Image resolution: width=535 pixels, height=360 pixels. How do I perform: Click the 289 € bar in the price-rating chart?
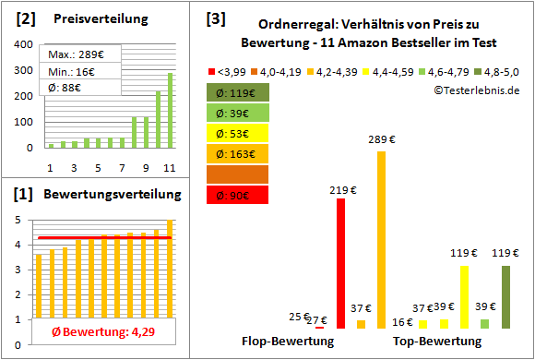(x=381, y=239)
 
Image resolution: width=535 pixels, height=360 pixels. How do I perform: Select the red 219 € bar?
(x=340, y=263)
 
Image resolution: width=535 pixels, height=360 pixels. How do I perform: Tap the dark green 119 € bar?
(x=505, y=296)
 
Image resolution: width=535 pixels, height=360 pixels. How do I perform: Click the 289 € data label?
(x=381, y=140)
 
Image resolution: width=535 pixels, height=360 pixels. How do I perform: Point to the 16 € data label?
(x=403, y=321)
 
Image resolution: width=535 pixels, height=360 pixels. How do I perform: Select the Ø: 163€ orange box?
(x=238, y=152)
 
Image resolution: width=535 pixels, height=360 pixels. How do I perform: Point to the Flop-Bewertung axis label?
(x=288, y=341)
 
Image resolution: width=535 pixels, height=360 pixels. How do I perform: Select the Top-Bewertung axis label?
(x=436, y=341)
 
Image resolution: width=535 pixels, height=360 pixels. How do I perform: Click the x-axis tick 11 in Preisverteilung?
(x=169, y=166)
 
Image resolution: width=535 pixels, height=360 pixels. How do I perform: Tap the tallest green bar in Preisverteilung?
(x=169, y=110)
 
